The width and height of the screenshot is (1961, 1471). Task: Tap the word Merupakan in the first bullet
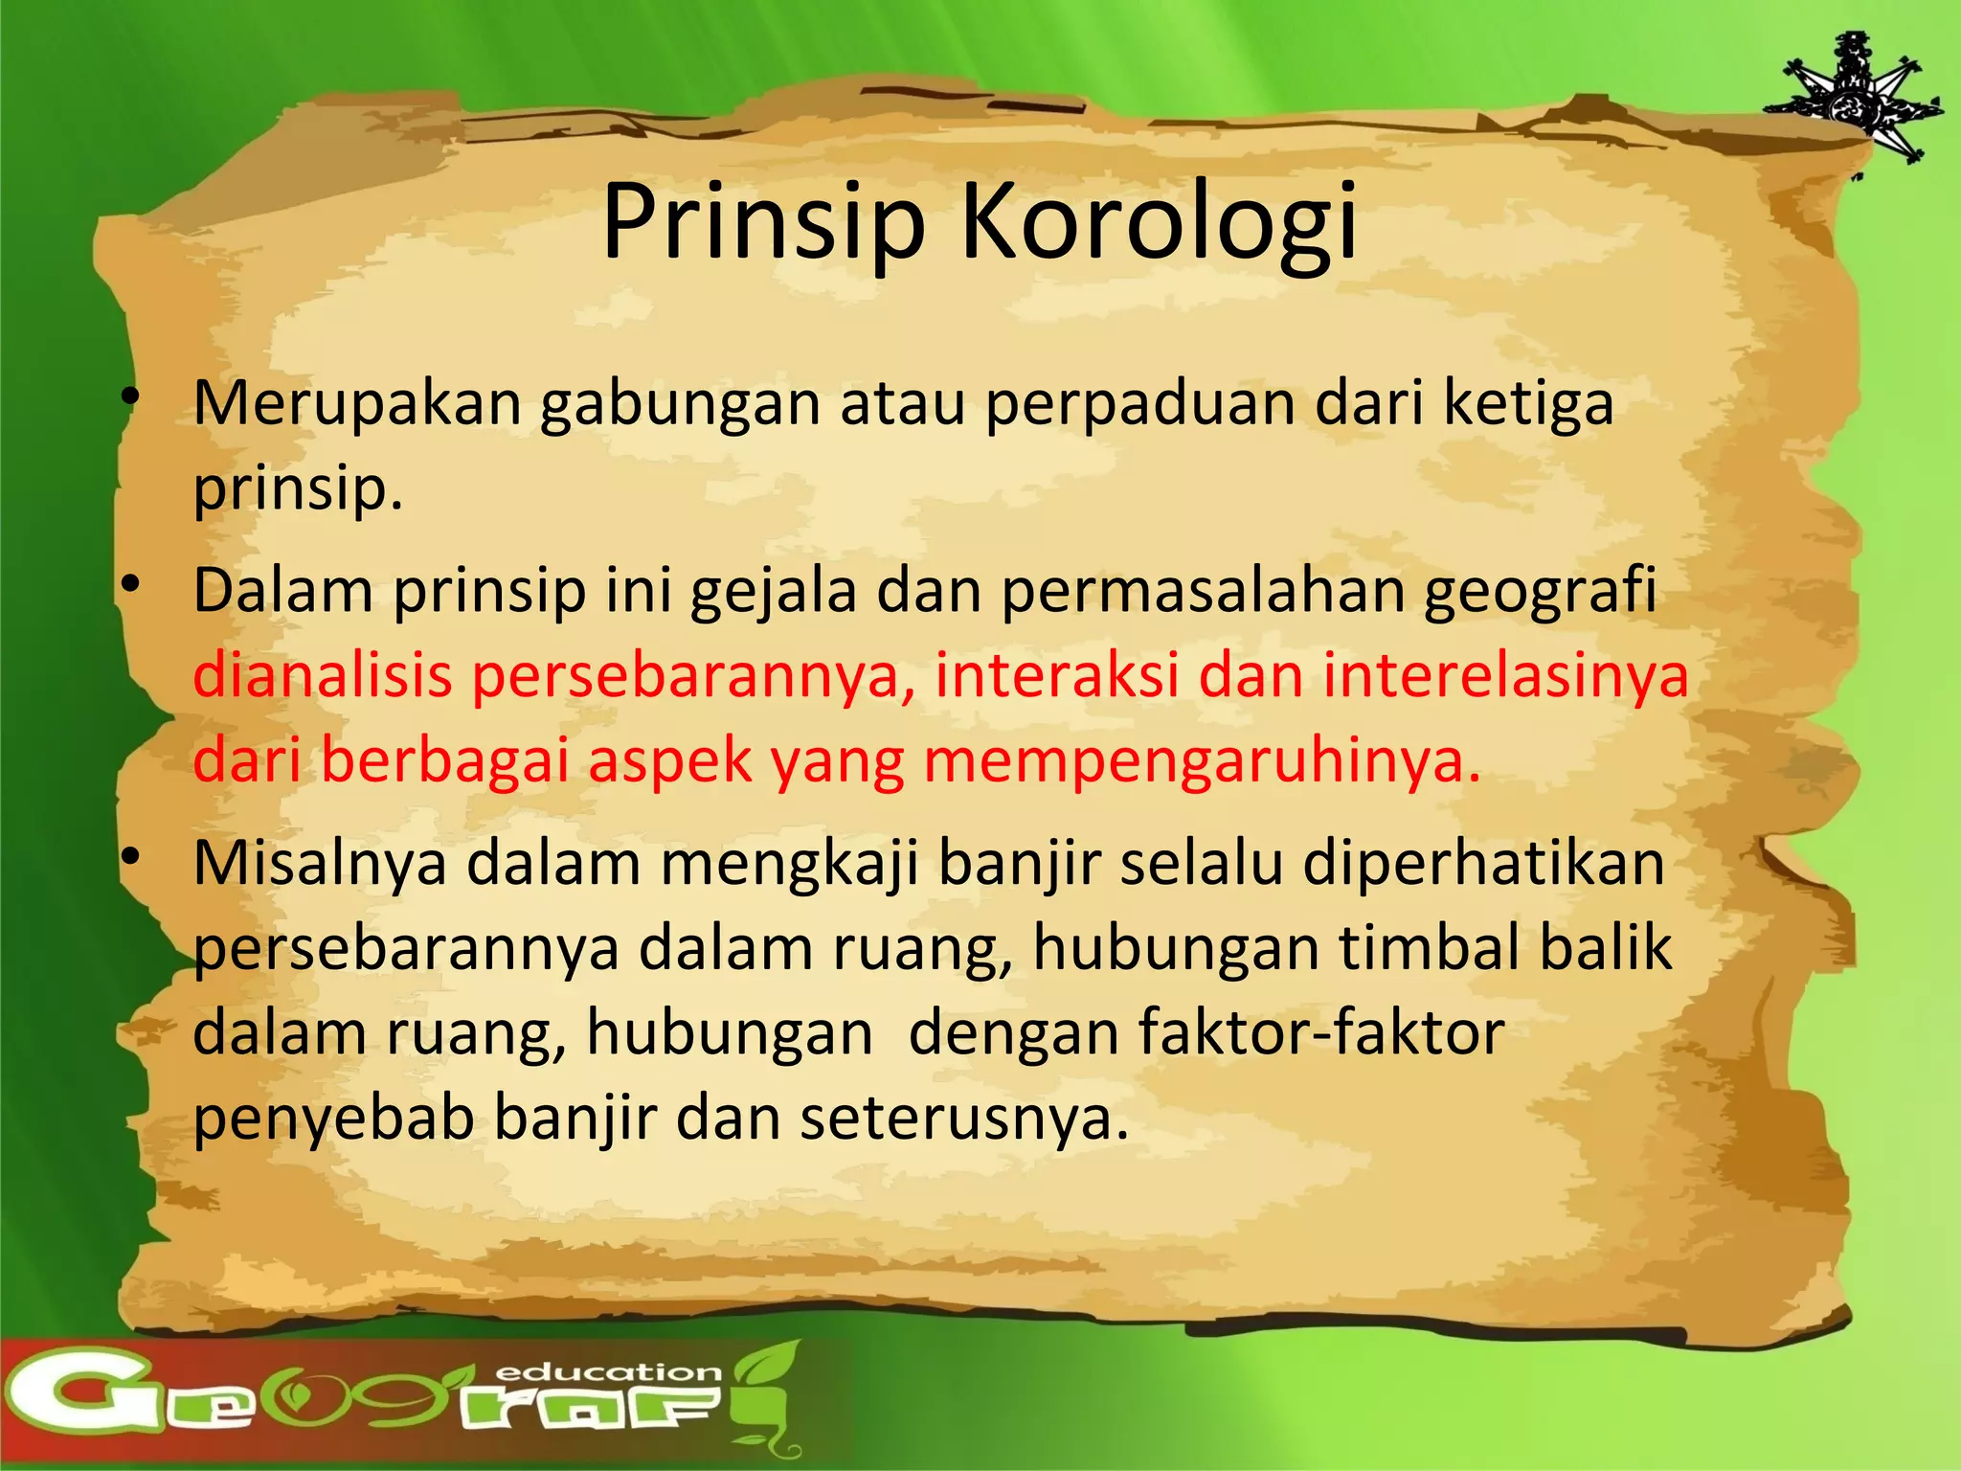357,403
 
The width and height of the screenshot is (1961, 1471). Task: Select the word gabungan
680,403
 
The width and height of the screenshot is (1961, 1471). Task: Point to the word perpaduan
1139,403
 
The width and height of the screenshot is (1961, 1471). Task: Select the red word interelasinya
1506,675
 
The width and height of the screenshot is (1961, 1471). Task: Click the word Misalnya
320,863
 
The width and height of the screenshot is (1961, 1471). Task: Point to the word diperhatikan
1484,863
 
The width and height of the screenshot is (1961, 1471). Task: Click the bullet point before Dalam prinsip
132,583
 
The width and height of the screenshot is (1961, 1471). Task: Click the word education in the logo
609,1372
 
